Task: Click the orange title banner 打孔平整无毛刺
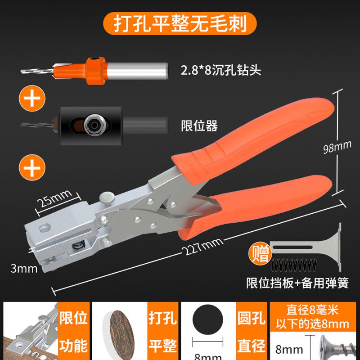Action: [x=180, y=23]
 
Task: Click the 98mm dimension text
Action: [x=338, y=147]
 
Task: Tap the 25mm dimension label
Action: [x=54, y=197]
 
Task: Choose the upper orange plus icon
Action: [x=31, y=98]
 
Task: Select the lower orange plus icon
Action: [x=31, y=169]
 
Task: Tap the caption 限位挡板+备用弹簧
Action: [x=297, y=283]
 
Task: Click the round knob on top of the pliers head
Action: [x=107, y=197]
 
